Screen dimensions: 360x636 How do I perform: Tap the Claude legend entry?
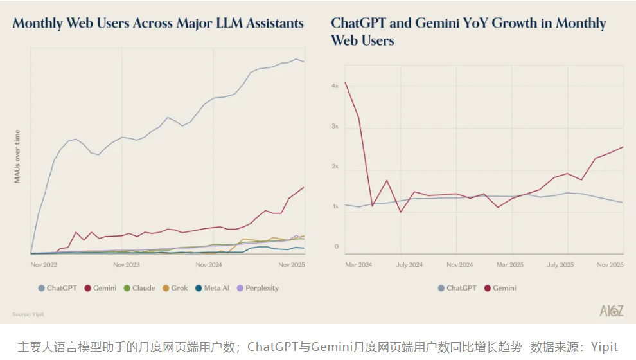click(139, 288)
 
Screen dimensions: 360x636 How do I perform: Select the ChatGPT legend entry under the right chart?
click(457, 288)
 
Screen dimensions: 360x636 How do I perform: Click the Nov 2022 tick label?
click(44, 264)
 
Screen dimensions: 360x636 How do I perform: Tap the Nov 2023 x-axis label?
click(127, 264)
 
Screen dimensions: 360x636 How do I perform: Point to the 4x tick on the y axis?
click(335, 85)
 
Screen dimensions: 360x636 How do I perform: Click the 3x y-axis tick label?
click(335, 127)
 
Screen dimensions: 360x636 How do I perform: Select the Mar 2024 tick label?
click(358, 264)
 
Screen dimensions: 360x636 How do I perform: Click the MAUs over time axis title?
click(17, 156)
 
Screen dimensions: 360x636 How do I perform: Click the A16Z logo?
click(611, 310)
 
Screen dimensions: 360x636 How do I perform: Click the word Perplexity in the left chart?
click(262, 288)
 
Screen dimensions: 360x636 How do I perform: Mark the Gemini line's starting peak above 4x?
click(346, 82)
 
